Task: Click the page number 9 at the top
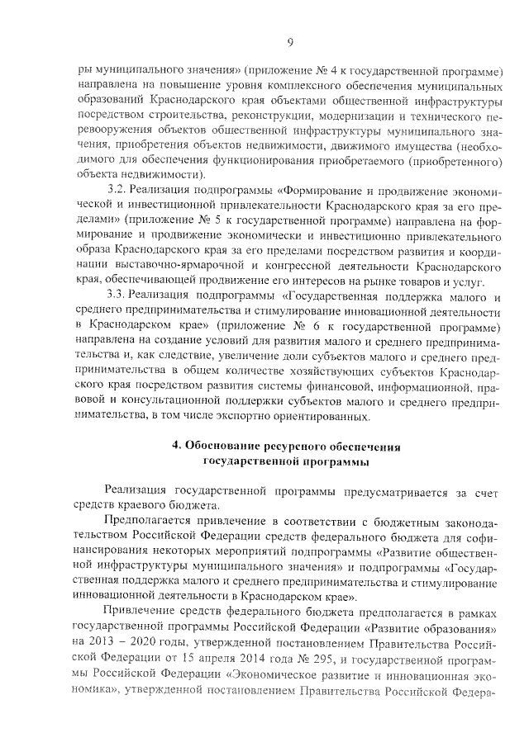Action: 289,42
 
